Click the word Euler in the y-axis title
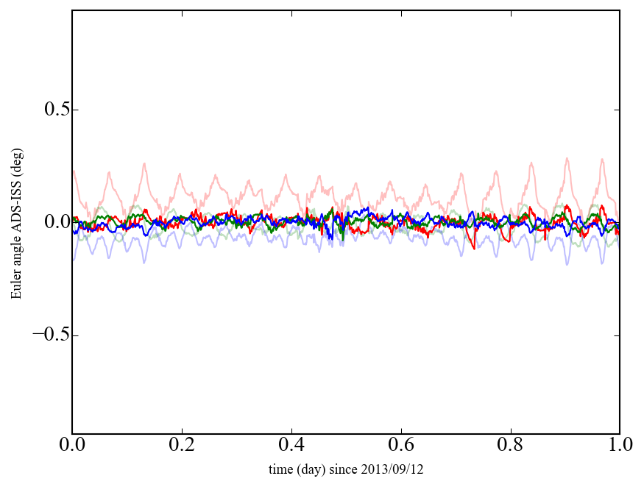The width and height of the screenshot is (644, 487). [15, 286]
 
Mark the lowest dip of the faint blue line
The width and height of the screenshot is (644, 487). [567, 265]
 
